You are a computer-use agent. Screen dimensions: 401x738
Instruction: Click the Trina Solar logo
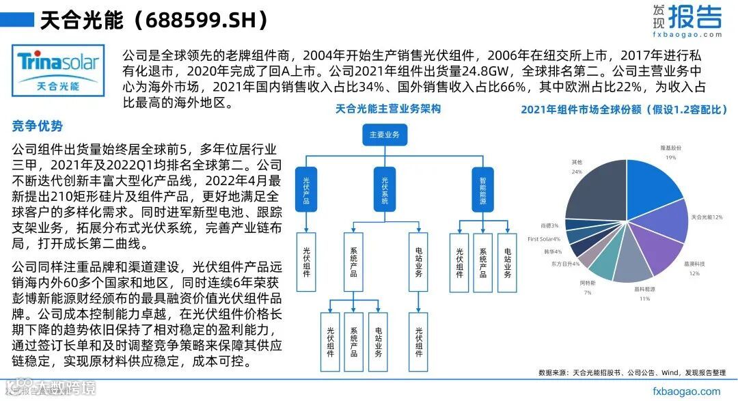[58, 70]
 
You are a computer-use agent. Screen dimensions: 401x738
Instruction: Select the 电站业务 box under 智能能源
[508, 262]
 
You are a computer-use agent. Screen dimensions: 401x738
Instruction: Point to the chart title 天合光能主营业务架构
[387, 109]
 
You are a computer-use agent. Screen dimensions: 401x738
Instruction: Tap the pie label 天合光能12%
[707, 217]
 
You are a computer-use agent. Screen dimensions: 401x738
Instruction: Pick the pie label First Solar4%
[544, 239]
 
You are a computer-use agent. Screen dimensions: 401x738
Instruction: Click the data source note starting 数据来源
[631, 372]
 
